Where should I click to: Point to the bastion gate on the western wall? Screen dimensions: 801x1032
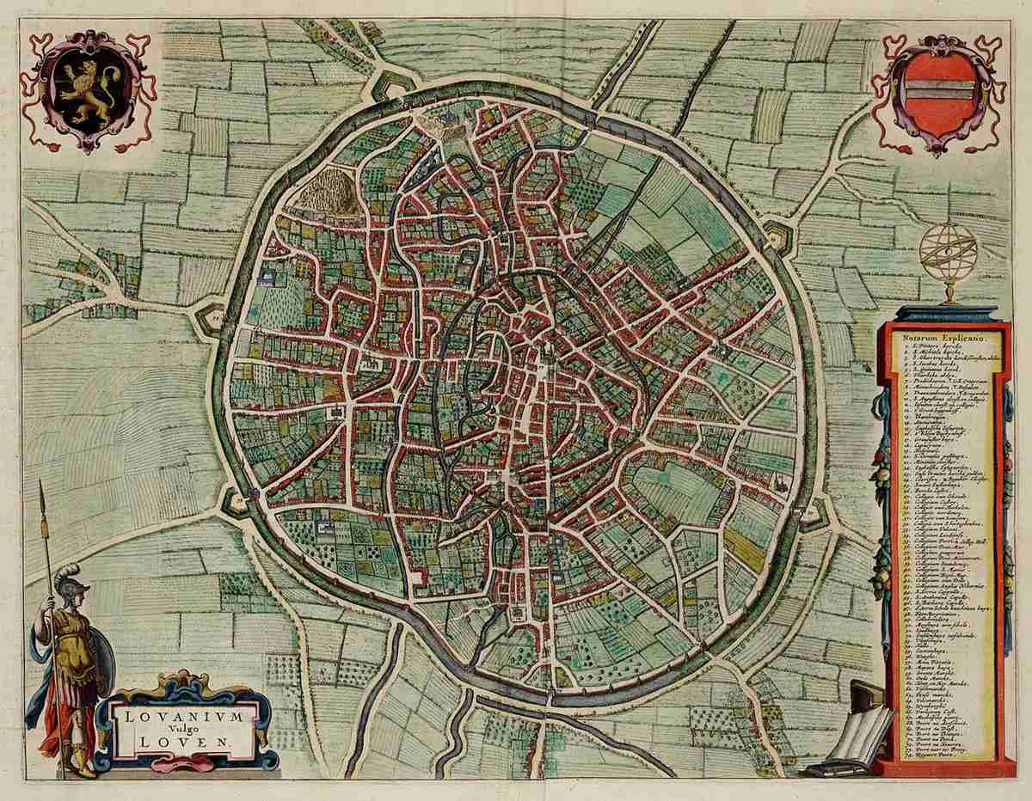coord(209,317)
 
